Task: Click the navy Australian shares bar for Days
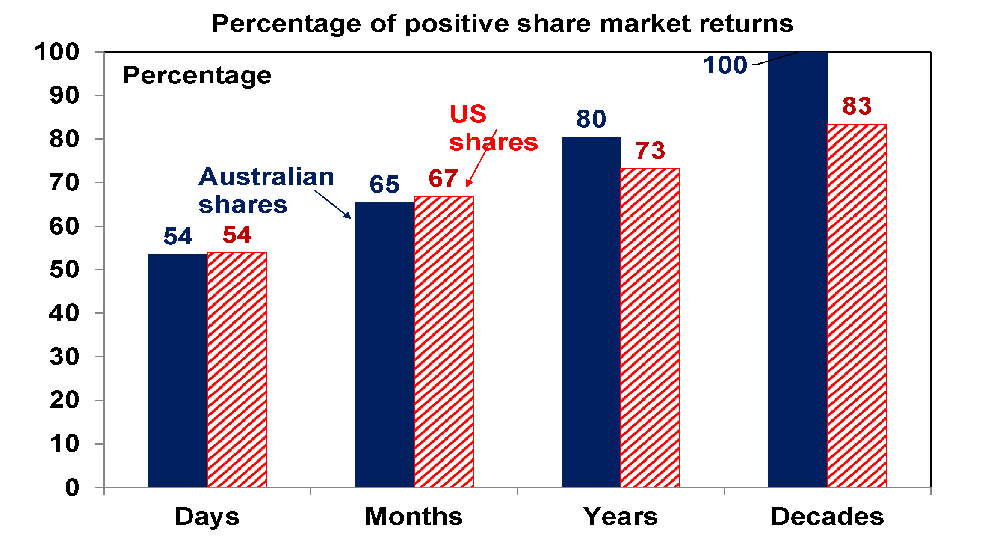tap(177, 370)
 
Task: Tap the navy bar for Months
tap(384, 345)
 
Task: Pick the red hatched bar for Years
tap(650, 327)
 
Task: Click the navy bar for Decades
tap(798, 270)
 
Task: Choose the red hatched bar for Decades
tap(857, 306)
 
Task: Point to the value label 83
tap(857, 106)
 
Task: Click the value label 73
tap(650, 151)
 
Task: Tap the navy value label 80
tap(591, 119)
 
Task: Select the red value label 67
tap(443, 178)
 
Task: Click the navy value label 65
tap(384, 184)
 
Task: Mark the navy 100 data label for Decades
tap(725, 65)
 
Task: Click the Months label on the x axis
tap(414, 517)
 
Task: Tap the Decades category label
tap(827, 517)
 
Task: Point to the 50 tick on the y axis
tap(64, 270)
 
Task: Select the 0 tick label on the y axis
tap(72, 487)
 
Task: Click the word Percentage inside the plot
tap(197, 76)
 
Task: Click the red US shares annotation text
tap(493, 128)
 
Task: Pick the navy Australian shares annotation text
tap(266, 190)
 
